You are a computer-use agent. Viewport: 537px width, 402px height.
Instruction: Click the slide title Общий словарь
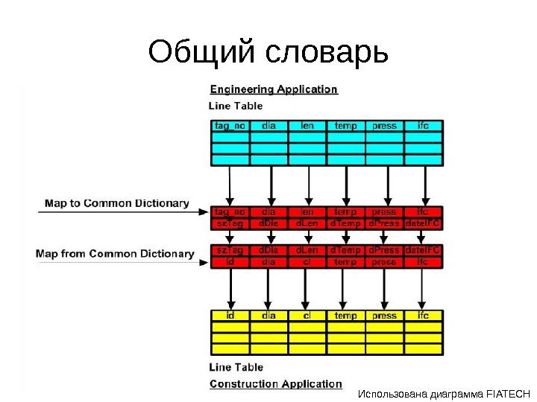(268, 52)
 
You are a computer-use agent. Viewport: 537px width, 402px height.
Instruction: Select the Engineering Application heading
(274, 89)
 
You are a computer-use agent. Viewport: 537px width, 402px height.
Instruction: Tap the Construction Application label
(275, 384)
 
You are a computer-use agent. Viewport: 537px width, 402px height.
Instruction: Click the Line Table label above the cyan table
(236, 106)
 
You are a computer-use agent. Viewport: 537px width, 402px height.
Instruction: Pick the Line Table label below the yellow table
(236, 368)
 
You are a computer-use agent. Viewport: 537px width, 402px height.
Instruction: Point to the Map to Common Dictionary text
(116, 202)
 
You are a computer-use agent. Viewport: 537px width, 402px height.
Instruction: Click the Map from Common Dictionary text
(115, 254)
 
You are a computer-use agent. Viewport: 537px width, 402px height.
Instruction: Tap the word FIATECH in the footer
(507, 394)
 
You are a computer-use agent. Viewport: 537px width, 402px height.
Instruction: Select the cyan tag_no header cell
(230, 126)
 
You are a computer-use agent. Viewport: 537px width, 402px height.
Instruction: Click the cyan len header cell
(307, 126)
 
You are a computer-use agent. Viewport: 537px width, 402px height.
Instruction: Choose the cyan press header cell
(384, 126)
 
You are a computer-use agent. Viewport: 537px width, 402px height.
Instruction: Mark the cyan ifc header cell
(423, 126)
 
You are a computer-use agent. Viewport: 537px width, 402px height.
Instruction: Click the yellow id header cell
(230, 316)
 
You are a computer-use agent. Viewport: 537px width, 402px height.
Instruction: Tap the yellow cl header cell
(307, 316)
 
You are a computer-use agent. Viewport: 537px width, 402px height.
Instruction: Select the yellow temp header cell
(345, 316)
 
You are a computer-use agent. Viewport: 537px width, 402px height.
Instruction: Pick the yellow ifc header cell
(423, 316)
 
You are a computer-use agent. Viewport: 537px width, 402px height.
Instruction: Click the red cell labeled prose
(384, 262)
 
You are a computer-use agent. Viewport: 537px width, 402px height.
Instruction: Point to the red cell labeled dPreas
(384, 223)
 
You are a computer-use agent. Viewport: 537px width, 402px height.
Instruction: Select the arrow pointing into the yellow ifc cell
(423, 290)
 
